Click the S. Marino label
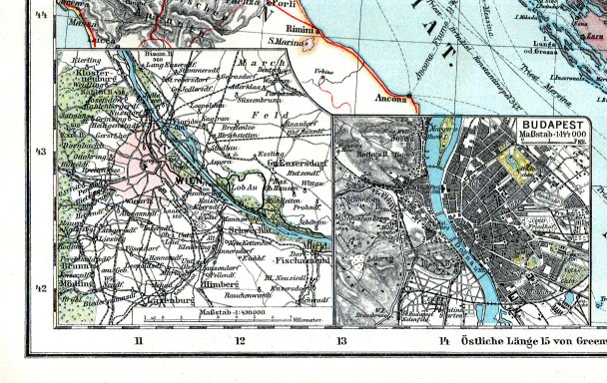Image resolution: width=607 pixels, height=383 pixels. tap(285, 44)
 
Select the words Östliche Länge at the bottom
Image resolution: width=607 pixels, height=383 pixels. tap(492, 344)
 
